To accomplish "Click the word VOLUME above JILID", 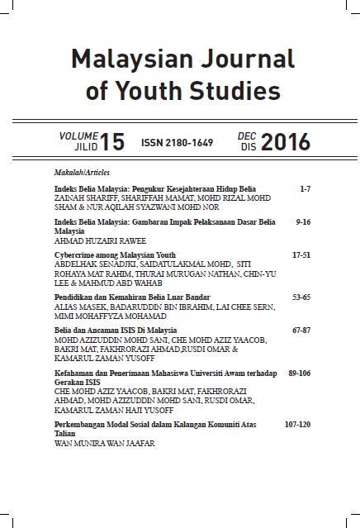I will pos(79,134).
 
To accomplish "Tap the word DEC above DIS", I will pos(247,134).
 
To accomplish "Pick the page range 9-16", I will pos(301,224).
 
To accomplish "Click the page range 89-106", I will pos(297,373).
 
